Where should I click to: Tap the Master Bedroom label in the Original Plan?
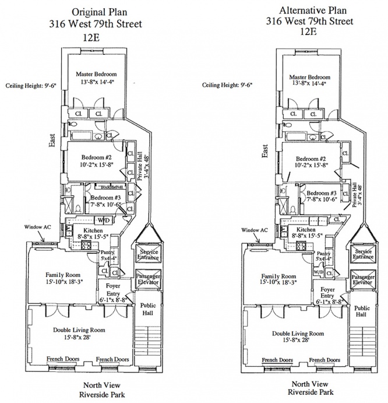[x=97, y=75]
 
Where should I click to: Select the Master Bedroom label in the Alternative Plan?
[x=309, y=78]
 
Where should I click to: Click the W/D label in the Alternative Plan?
[x=318, y=272]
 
